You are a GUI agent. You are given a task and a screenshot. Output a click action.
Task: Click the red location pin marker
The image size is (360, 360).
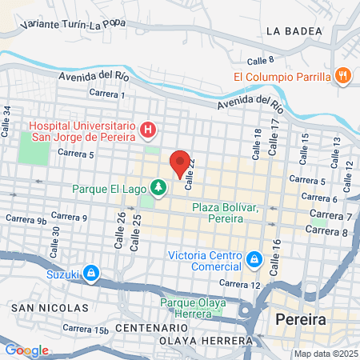[x=181, y=162]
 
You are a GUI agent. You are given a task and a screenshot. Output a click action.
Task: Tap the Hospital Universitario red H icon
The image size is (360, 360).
[x=147, y=129]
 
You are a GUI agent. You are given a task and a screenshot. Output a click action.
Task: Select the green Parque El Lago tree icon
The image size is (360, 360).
[x=159, y=188]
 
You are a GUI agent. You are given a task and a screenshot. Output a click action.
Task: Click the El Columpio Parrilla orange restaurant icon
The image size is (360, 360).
[x=342, y=77]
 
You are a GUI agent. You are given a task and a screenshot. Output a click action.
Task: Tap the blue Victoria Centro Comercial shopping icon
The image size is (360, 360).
[x=254, y=259]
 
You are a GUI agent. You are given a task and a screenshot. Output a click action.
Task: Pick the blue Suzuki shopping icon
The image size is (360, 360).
[x=92, y=274]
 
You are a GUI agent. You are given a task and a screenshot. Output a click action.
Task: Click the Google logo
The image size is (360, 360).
[x=26, y=350]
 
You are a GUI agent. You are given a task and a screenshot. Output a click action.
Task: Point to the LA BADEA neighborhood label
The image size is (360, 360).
[x=294, y=31]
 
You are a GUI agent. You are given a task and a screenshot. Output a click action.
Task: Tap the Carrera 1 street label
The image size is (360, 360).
[x=107, y=94]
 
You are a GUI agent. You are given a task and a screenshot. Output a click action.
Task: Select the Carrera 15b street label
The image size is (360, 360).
[x=89, y=330]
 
